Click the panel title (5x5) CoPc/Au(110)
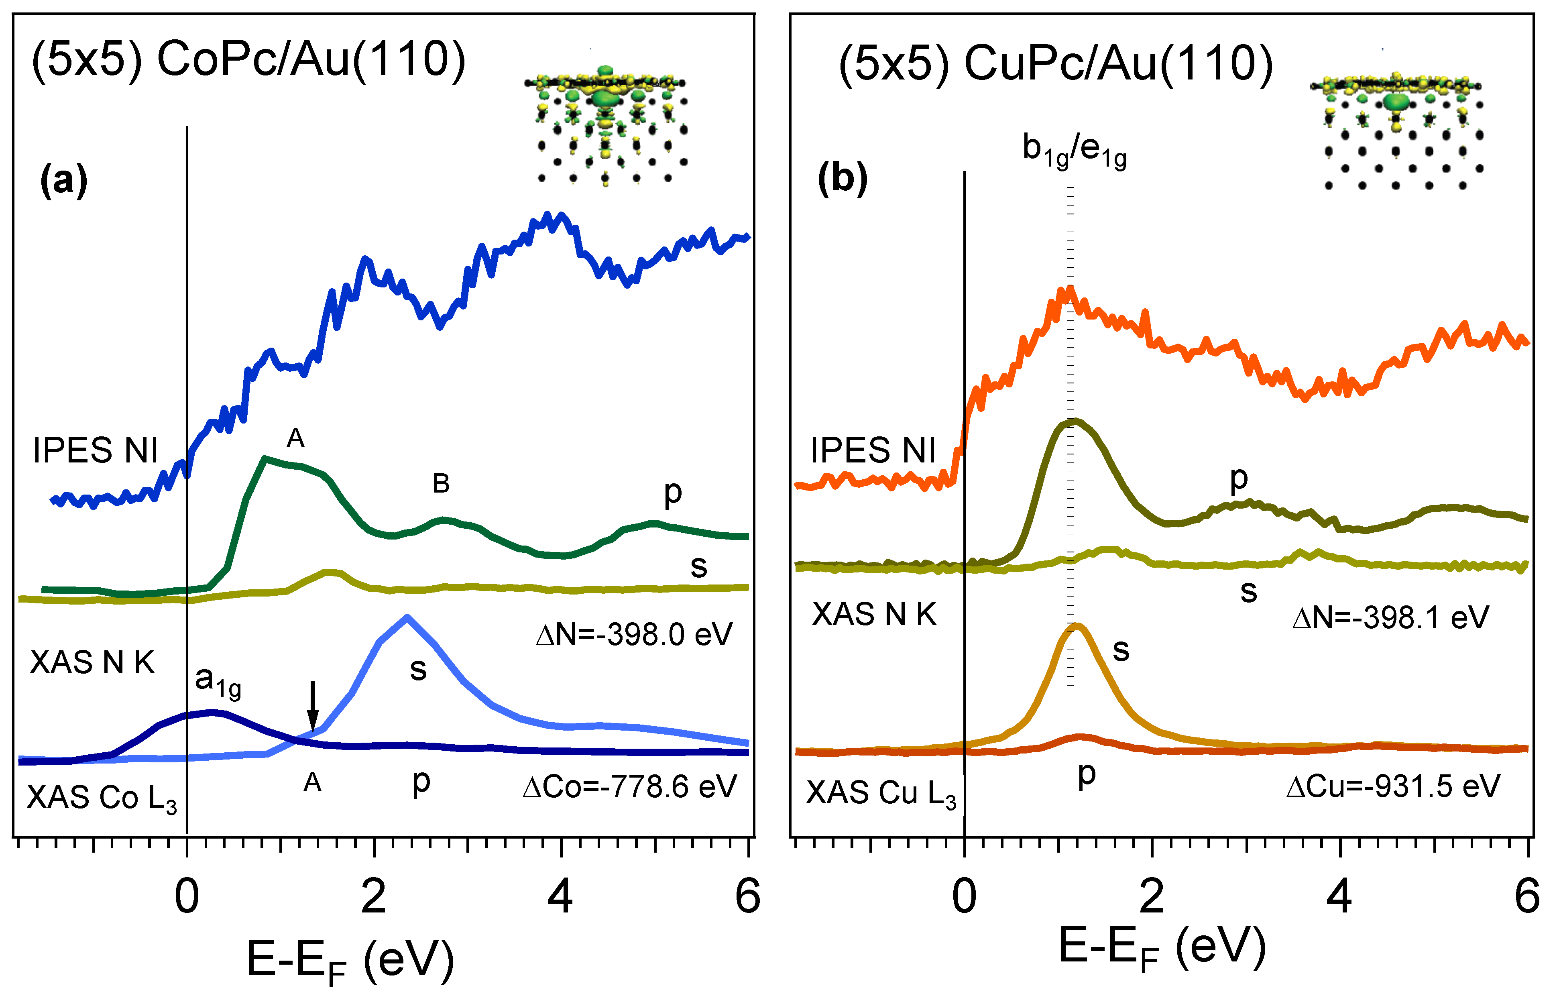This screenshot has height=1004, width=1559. [248, 60]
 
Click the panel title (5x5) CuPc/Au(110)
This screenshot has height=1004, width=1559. [1055, 64]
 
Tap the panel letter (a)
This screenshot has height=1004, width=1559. [63, 180]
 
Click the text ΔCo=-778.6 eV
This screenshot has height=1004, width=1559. [629, 787]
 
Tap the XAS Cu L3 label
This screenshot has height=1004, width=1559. [881, 793]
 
